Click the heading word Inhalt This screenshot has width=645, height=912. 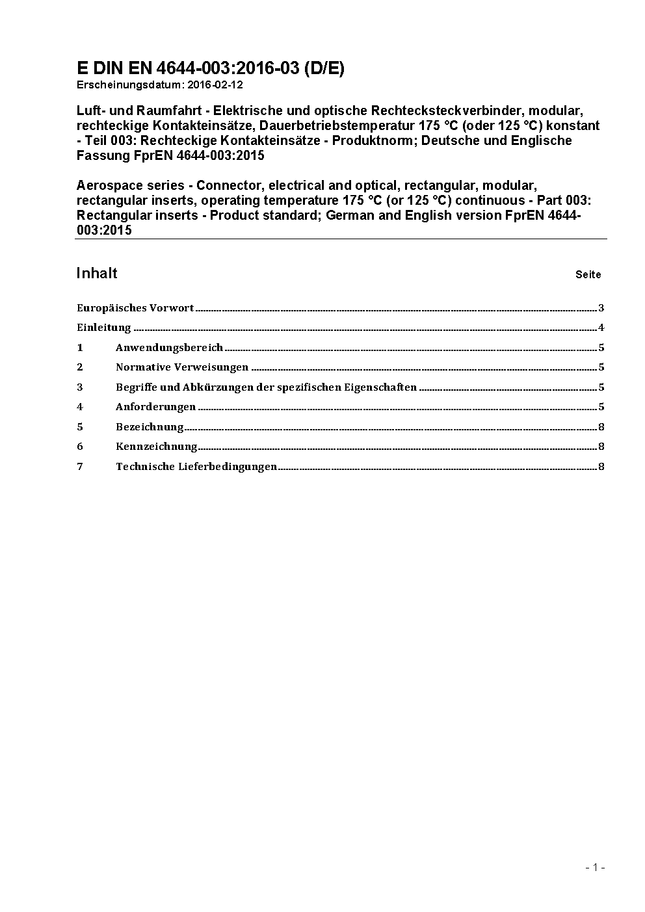click(97, 273)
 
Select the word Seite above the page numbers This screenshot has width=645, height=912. click(588, 274)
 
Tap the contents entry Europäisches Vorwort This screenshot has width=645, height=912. click(135, 308)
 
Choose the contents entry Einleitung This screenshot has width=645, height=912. click(104, 328)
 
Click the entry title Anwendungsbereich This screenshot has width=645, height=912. click(169, 348)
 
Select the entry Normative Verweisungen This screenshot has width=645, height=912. click(182, 367)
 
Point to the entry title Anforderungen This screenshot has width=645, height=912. click(155, 407)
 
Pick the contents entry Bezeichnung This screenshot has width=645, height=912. click(150, 427)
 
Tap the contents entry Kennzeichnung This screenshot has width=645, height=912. click(156, 447)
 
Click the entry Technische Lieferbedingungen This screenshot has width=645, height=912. click(196, 467)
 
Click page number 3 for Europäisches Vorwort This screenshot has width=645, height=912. click(601, 308)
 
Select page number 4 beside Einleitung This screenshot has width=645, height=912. click(601, 328)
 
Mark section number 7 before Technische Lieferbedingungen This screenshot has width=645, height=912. click(80, 467)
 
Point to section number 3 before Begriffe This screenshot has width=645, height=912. click(80, 387)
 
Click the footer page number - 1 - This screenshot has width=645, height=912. click(595, 867)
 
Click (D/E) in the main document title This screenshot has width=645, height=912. click(324, 68)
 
